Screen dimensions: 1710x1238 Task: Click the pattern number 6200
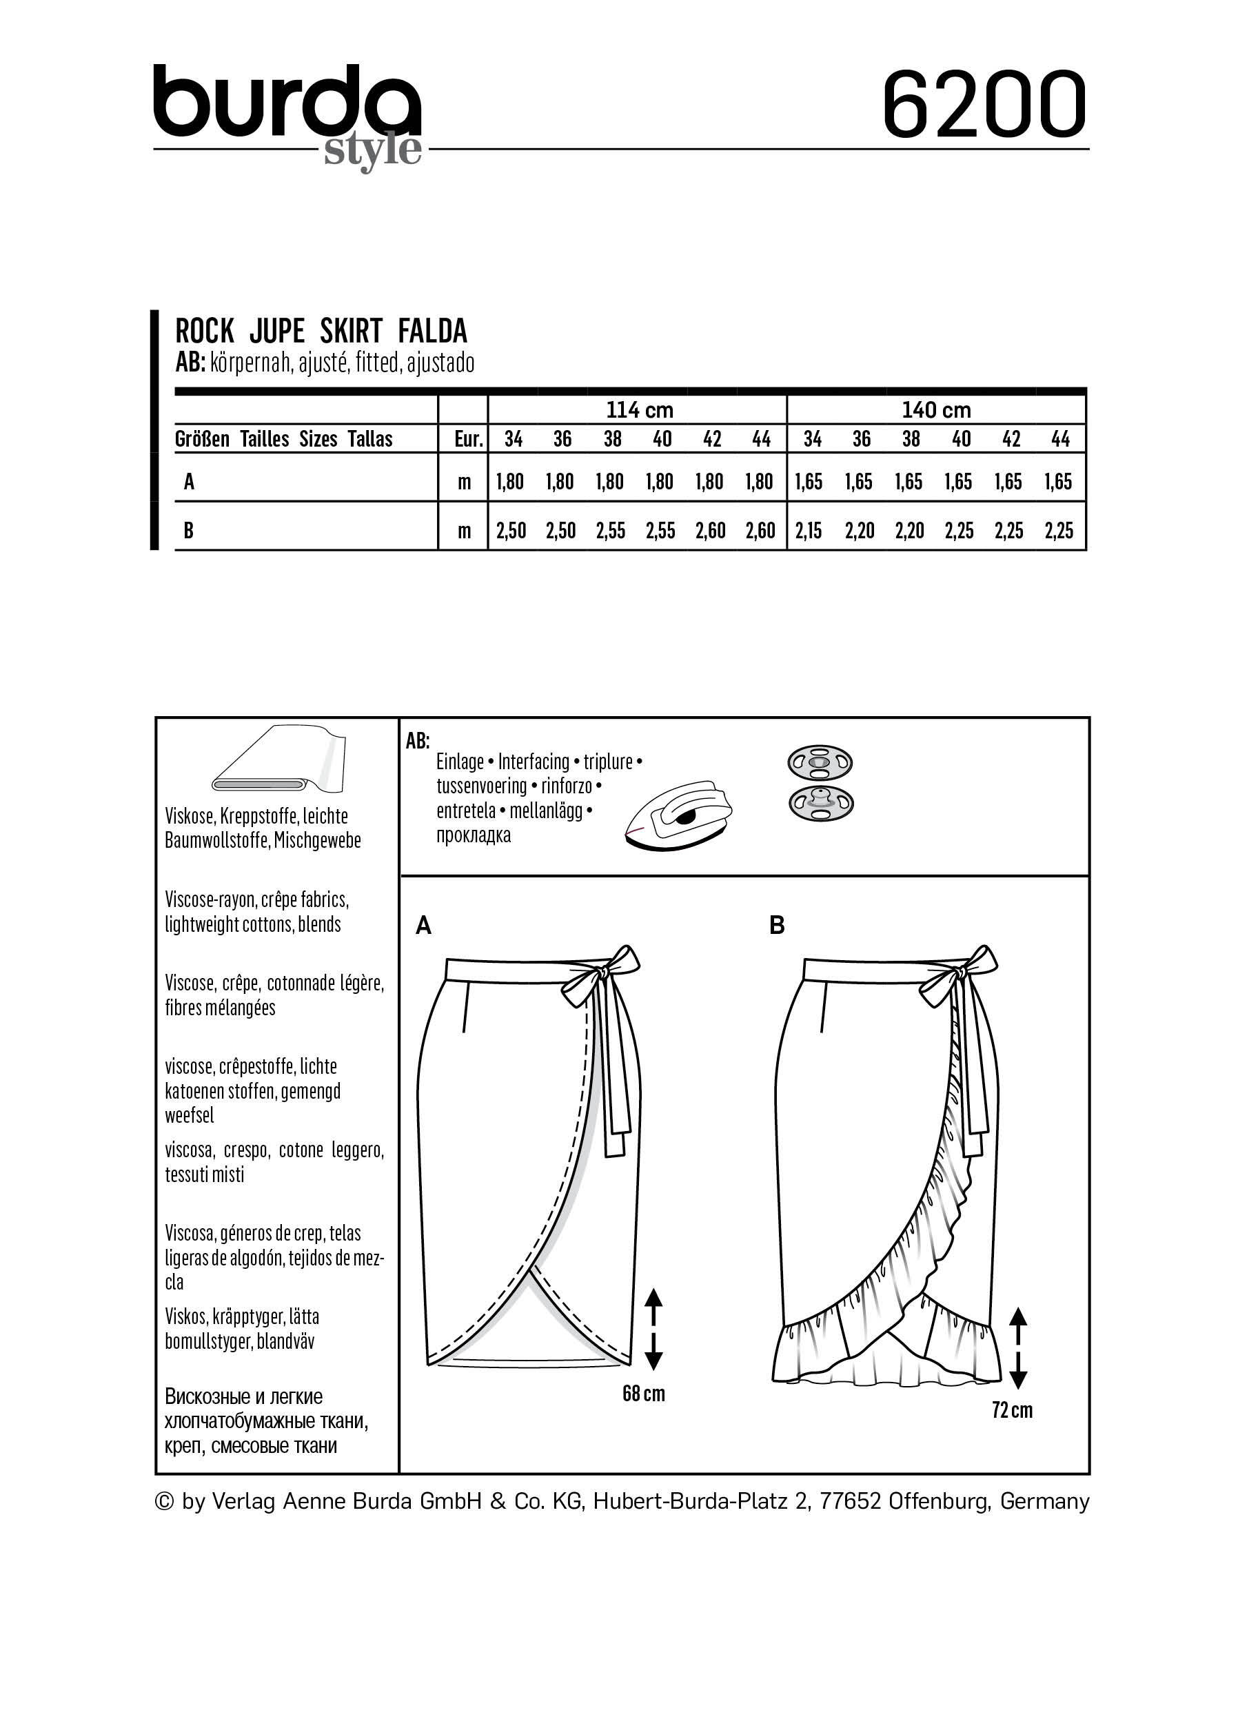tap(984, 105)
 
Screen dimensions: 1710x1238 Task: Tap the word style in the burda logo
tap(372, 150)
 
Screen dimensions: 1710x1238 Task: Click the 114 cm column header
tap(640, 410)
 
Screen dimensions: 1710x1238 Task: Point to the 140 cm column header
tap(936, 410)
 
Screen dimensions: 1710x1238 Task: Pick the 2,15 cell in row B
tap(810, 531)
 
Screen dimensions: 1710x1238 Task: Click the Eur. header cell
tap(468, 440)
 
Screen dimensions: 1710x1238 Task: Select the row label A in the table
tap(190, 481)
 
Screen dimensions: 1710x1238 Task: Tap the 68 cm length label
tap(643, 1394)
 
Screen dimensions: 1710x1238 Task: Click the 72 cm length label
tap(1012, 1410)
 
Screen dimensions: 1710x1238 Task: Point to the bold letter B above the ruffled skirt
tap(778, 925)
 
